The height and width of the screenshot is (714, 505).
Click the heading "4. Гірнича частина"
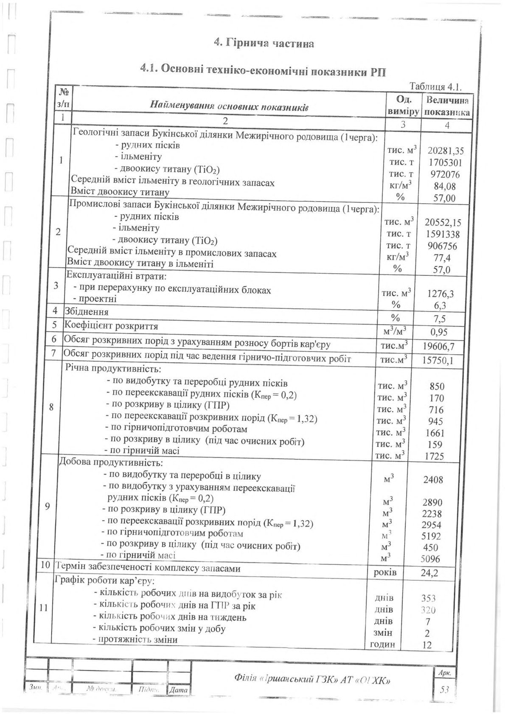pos(264,44)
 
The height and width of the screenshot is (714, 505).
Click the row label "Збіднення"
pos(86,312)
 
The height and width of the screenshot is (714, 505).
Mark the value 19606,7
pos(439,347)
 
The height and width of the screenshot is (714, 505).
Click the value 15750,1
pos(439,361)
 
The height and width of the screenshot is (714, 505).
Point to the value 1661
pos(435,433)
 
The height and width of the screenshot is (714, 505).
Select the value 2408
pos(433,480)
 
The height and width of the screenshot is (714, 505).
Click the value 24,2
pos(429,574)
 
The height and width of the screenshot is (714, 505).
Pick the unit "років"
pos(384,573)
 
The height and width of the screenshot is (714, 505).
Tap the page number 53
pos(444,689)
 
